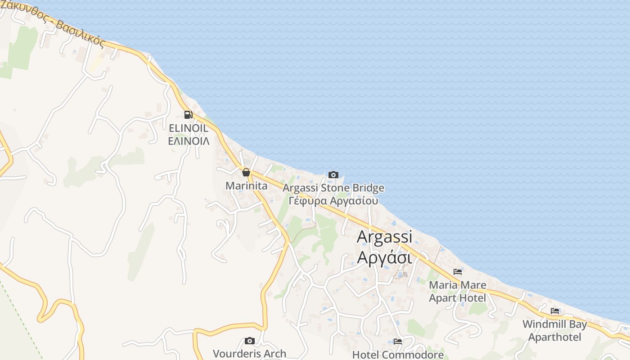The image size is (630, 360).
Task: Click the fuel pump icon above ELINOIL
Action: pos(188,115)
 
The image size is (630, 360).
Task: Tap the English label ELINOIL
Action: pos(189,128)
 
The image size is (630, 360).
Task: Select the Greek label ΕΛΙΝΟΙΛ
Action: pos(189,141)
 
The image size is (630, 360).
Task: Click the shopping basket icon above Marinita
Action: pos(246,172)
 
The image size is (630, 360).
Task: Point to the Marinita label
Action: pos(246,185)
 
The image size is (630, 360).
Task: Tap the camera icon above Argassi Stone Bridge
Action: pos(333,175)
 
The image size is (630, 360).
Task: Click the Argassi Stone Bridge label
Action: pos(333,188)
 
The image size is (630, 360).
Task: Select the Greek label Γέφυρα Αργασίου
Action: pos(333,201)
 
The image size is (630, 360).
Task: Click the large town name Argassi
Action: pos(384,237)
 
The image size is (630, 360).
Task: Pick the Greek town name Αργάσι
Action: pos(384,258)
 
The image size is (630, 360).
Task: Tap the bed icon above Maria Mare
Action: pos(458,272)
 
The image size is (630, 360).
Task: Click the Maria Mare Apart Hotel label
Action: pos(458,291)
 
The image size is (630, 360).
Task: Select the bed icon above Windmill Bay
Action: pos(555,311)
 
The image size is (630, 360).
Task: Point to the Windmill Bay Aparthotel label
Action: pos(555,330)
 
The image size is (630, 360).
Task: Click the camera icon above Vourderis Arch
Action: pos(249,341)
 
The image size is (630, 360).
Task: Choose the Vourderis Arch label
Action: pos(249,354)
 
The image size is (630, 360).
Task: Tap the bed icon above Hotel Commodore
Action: pos(398,342)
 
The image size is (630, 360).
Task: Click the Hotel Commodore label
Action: pos(398,355)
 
